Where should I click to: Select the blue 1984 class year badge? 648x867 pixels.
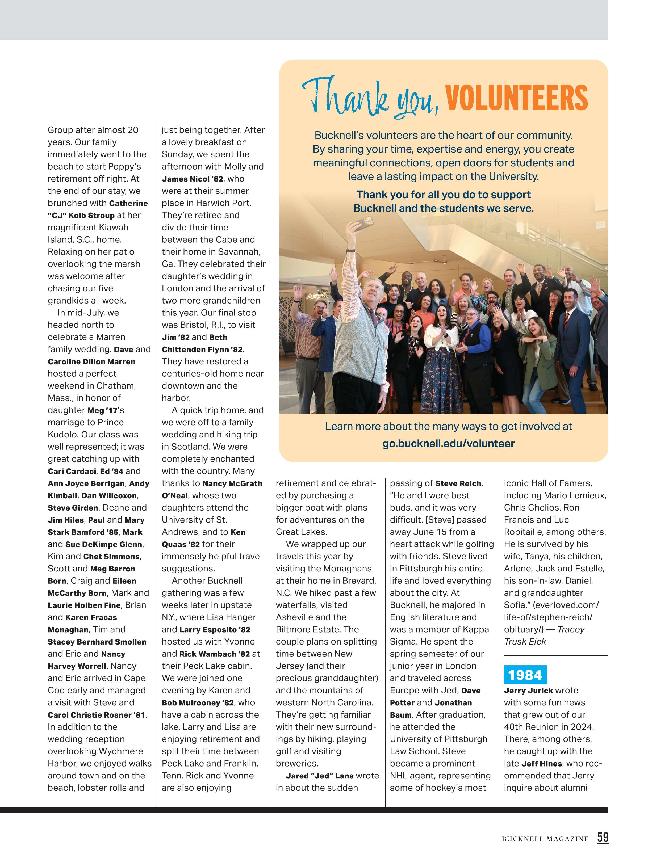point(525,675)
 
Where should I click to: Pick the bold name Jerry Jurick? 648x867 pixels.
point(528,690)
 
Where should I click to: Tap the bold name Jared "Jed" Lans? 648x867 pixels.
point(320,776)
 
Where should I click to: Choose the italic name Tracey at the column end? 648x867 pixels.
point(571,629)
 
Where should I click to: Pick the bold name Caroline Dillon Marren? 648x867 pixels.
point(91,362)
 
